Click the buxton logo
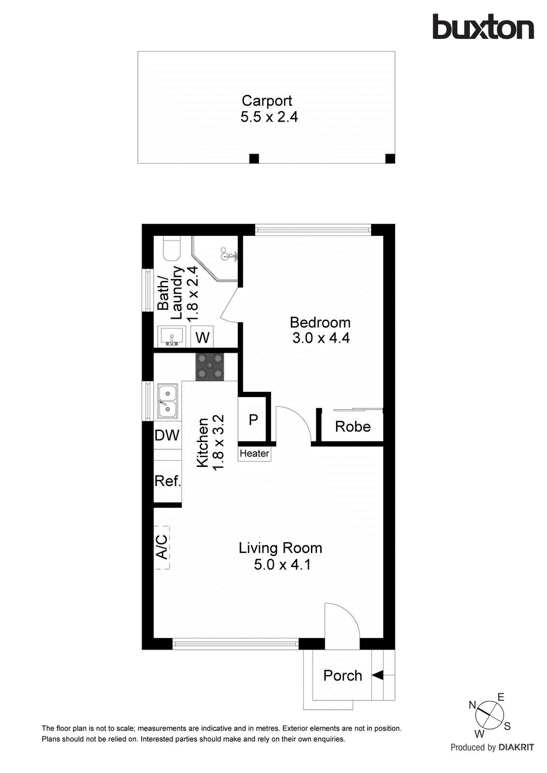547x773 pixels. pyautogui.click(x=483, y=27)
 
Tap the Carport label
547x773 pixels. pyautogui.click(x=266, y=100)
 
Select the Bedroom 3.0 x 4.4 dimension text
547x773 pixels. pyautogui.click(x=321, y=338)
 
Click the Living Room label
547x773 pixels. pyautogui.click(x=280, y=548)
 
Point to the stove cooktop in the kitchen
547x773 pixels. pyautogui.click(x=209, y=367)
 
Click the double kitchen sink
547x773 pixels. pyautogui.click(x=167, y=401)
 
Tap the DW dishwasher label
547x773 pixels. pyautogui.click(x=167, y=435)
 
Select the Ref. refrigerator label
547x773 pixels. pyautogui.click(x=167, y=481)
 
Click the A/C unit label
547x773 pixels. pyautogui.click(x=162, y=547)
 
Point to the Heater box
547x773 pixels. pyautogui.click(x=254, y=454)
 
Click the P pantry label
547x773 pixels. pyautogui.click(x=253, y=420)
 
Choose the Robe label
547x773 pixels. pyautogui.click(x=353, y=427)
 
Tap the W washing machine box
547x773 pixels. pyautogui.click(x=202, y=337)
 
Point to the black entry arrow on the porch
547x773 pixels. pyautogui.click(x=377, y=675)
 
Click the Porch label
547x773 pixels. pyautogui.click(x=342, y=675)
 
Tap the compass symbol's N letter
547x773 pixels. pyautogui.click(x=473, y=705)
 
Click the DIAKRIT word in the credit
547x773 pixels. pyautogui.click(x=516, y=747)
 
